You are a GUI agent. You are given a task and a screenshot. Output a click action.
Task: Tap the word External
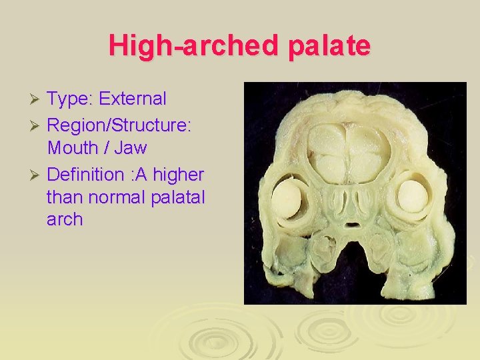132,99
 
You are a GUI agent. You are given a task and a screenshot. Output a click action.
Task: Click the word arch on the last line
65,219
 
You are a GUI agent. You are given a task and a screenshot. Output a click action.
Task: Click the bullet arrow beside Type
37,99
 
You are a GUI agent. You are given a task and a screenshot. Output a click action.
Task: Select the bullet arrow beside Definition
37,175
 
